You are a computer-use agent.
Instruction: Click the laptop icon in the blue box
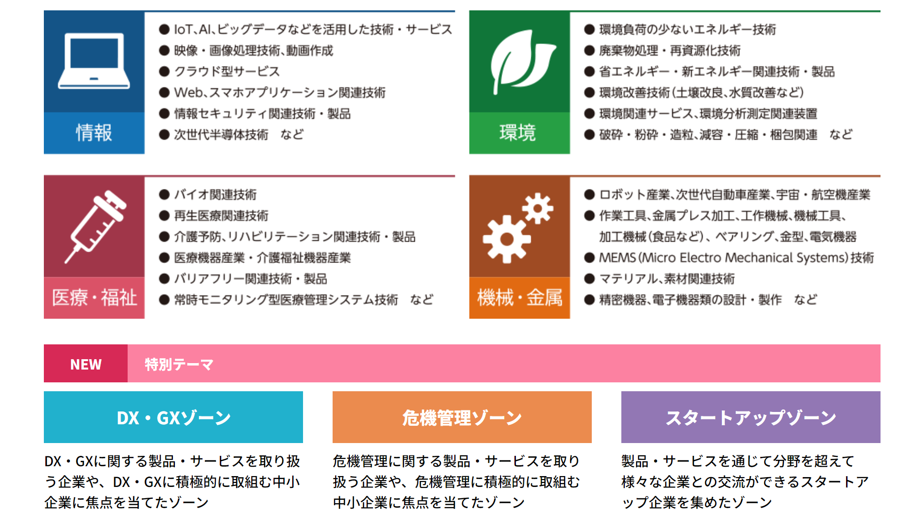pyautogui.click(x=94, y=61)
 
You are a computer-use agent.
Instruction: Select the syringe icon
pyautogui.click(x=96, y=226)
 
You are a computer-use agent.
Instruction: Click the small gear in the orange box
pyautogui.click(x=538, y=208)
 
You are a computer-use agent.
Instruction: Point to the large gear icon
pyautogui.click(x=507, y=239)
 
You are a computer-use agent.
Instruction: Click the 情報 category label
pyautogui.click(x=94, y=133)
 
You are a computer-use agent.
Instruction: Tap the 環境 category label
pyautogui.click(x=517, y=133)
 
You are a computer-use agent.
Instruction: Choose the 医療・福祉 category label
pyautogui.click(x=94, y=298)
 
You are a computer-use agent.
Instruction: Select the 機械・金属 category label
pyautogui.click(x=520, y=298)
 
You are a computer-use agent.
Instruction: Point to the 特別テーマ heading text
pyautogui.click(x=179, y=364)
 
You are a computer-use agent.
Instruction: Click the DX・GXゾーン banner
pyautogui.click(x=173, y=417)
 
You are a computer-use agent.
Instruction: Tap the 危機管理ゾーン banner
pyautogui.click(x=462, y=417)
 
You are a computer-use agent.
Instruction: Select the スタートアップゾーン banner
pyautogui.click(x=751, y=417)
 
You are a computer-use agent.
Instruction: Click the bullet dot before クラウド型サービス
pyautogui.click(x=164, y=72)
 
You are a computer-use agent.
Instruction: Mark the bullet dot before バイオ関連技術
pyautogui.click(x=164, y=194)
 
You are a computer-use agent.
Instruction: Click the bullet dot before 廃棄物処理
pyautogui.click(x=589, y=50)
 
